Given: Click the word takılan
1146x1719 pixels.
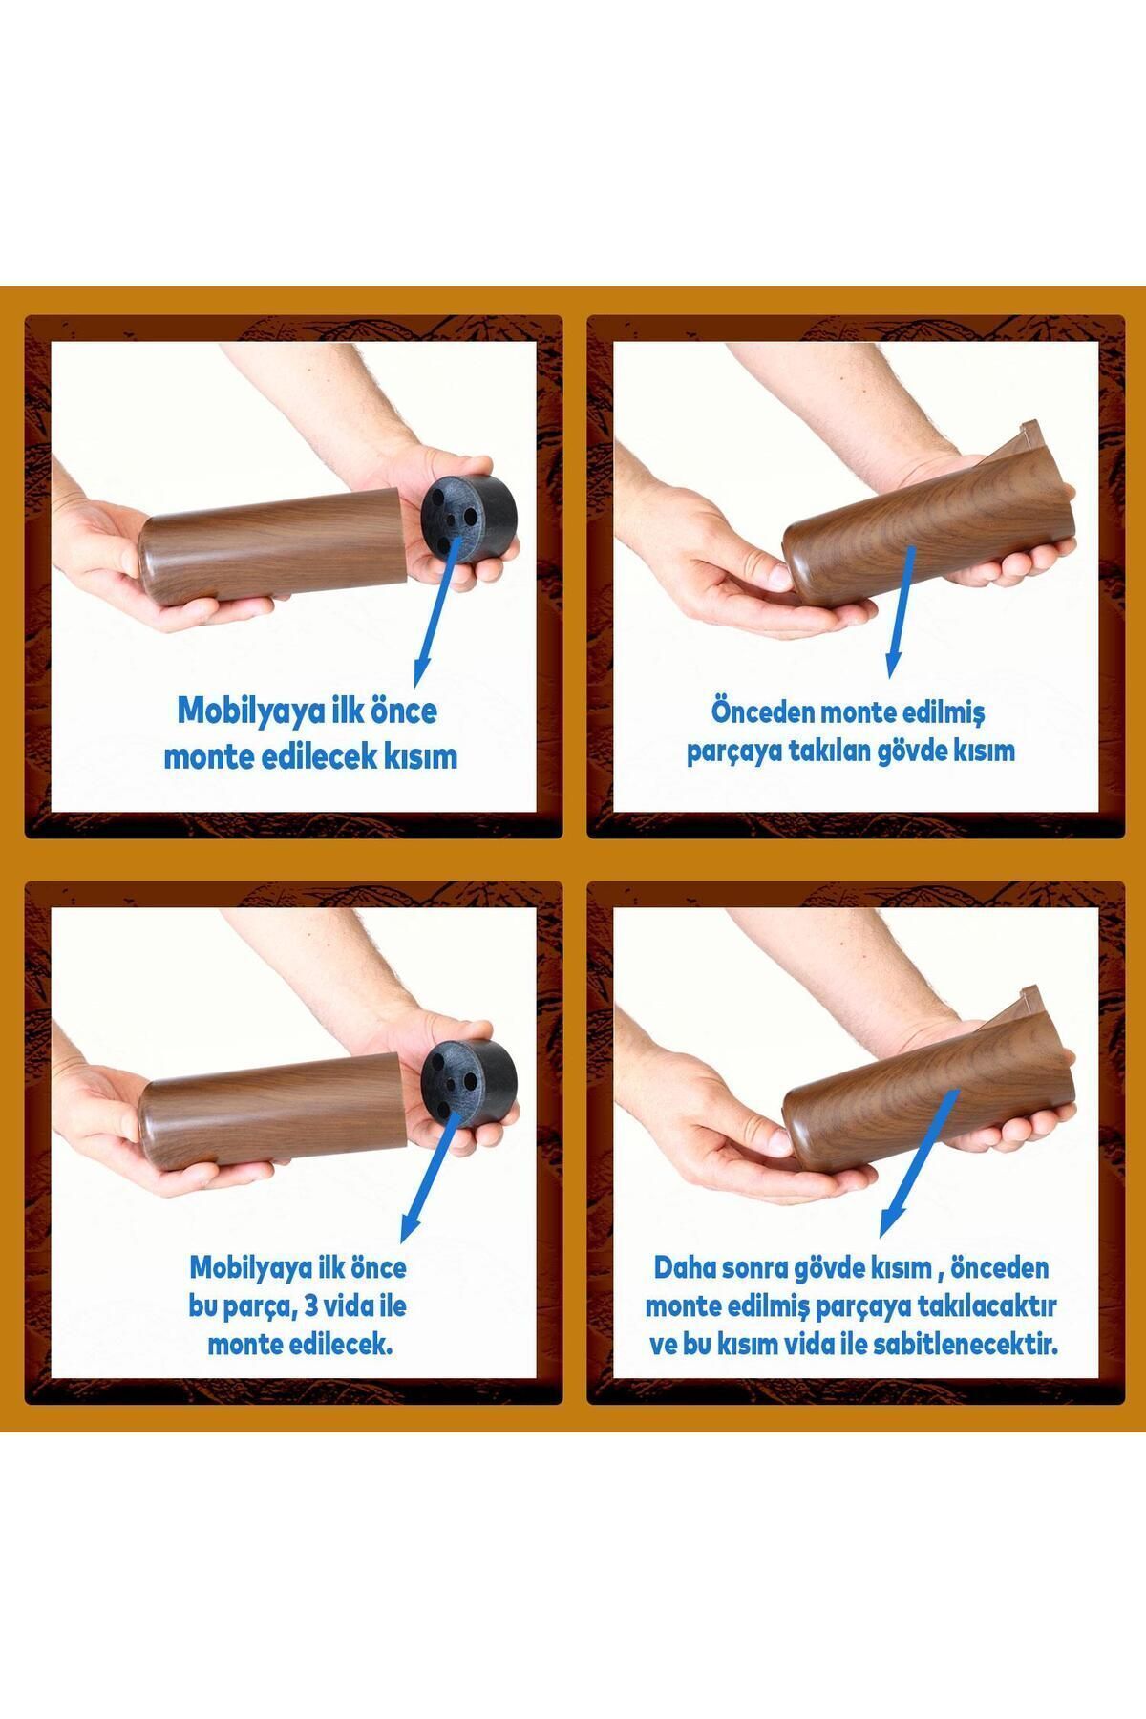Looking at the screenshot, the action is [836, 751].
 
